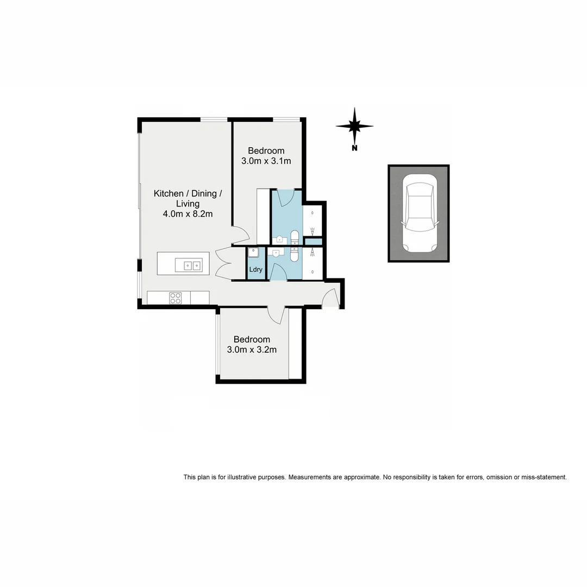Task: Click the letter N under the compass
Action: [x=354, y=148]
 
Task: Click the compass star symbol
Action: [x=354, y=126]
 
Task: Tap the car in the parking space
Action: [x=419, y=214]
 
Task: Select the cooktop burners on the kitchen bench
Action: [x=176, y=298]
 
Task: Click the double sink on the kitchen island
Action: [x=191, y=265]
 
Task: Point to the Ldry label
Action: [x=256, y=270]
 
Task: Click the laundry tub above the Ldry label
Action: [x=253, y=253]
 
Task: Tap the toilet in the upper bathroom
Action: [x=295, y=237]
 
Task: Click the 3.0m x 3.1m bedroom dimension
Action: [x=266, y=161]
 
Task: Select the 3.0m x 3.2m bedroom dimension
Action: [x=252, y=349]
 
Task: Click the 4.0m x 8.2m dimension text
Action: [x=188, y=214]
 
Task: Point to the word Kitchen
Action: [x=168, y=193]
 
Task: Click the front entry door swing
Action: [x=330, y=298]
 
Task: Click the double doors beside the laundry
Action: [x=223, y=263]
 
